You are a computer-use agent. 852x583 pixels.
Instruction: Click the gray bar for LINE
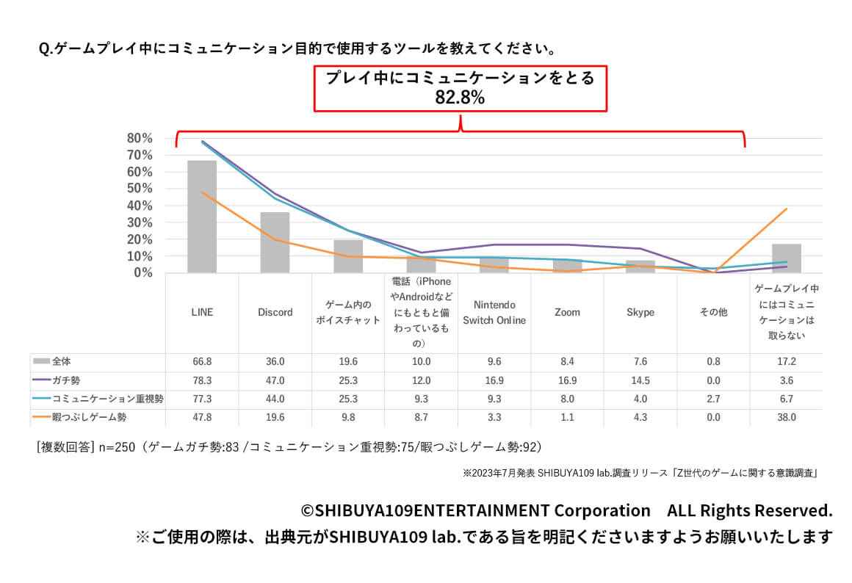point(202,217)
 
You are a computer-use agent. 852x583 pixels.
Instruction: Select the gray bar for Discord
point(275,242)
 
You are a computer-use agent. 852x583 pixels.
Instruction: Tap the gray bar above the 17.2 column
point(786,258)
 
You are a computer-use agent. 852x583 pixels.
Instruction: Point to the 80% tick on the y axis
point(140,138)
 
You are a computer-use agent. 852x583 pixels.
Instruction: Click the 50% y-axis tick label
point(140,189)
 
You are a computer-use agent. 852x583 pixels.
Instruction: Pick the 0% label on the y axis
point(142,273)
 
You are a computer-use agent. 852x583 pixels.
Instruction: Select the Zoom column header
point(567,312)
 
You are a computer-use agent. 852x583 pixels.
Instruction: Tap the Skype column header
point(640,312)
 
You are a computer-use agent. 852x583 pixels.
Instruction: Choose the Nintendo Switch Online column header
point(494,312)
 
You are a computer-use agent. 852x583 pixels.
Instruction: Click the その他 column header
point(713,312)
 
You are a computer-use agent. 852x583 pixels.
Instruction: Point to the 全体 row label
point(62,362)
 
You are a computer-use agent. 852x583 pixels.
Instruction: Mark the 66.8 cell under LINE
point(202,362)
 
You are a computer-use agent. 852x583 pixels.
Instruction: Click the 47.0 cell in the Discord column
point(275,380)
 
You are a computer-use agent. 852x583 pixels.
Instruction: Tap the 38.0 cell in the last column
point(786,418)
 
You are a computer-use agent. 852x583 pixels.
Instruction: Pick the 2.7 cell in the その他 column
point(713,399)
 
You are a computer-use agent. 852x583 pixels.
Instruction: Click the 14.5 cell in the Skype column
point(640,380)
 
